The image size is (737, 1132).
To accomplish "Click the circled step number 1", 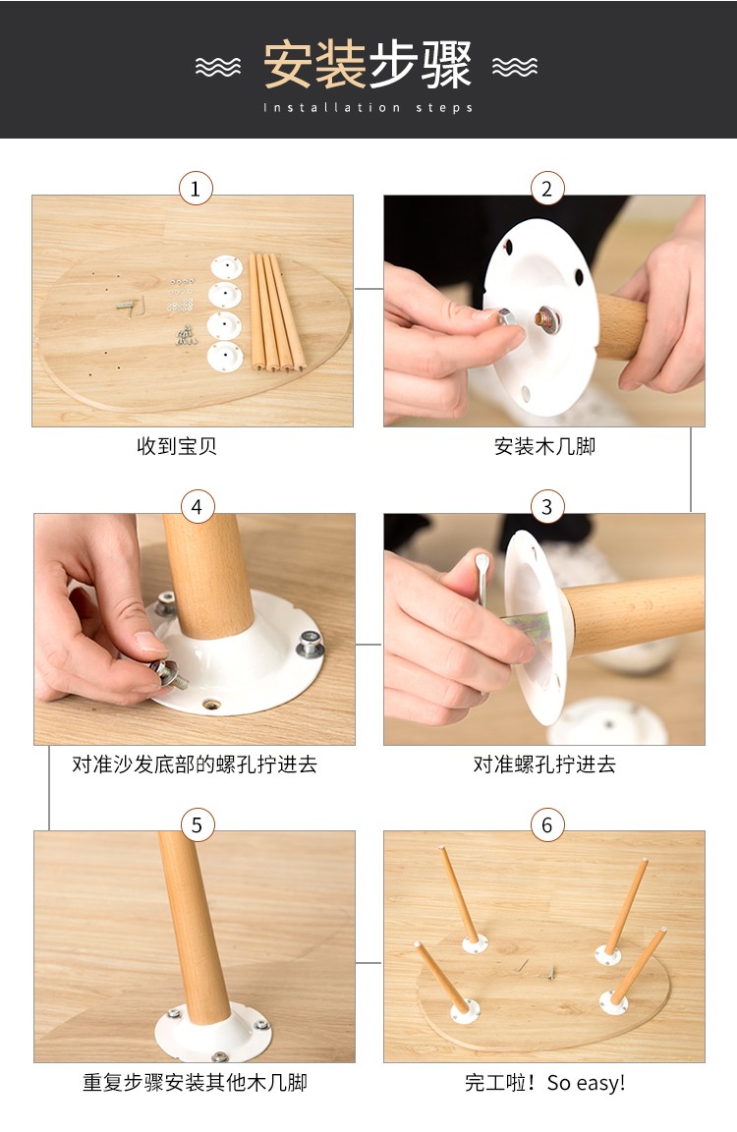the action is pyautogui.click(x=196, y=189).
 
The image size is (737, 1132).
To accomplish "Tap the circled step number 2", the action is pyautogui.click(x=547, y=189).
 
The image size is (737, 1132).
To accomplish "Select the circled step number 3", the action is pyautogui.click(x=547, y=507).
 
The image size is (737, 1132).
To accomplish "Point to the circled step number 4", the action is pyautogui.click(x=197, y=507).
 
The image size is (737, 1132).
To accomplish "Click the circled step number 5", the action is pyautogui.click(x=198, y=824).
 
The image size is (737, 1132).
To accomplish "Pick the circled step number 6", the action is pyautogui.click(x=547, y=824).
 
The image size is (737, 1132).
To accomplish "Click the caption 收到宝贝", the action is pyautogui.click(x=177, y=446).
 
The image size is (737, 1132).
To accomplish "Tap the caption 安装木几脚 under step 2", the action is pyautogui.click(x=545, y=446).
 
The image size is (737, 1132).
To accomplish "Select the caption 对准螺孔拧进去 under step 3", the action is pyautogui.click(x=544, y=764).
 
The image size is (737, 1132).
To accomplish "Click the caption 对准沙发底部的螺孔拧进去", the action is pyautogui.click(x=195, y=764).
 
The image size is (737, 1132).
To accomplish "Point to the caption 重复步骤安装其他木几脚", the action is pyautogui.click(x=195, y=1082).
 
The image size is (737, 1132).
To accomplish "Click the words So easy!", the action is pyautogui.click(x=586, y=1083).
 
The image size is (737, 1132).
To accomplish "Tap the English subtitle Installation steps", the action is pyautogui.click(x=368, y=107).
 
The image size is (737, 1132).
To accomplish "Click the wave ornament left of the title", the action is pyautogui.click(x=218, y=67).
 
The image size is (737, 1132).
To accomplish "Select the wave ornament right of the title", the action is pyautogui.click(x=515, y=67).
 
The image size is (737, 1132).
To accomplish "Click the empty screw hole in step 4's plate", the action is pyautogui.click(x=210, y=704).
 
